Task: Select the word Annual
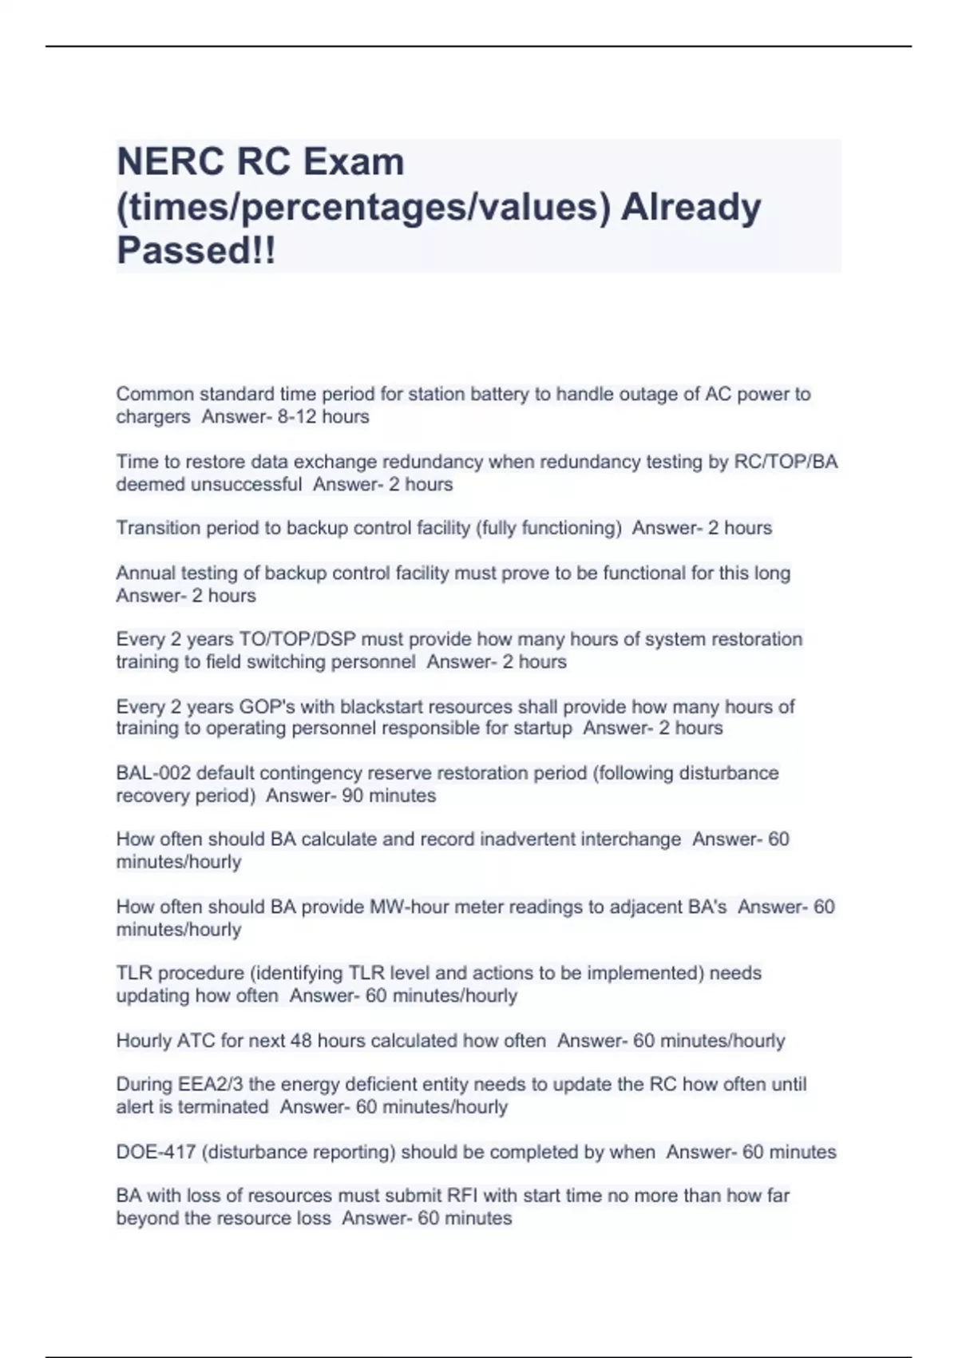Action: coord(145,573)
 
